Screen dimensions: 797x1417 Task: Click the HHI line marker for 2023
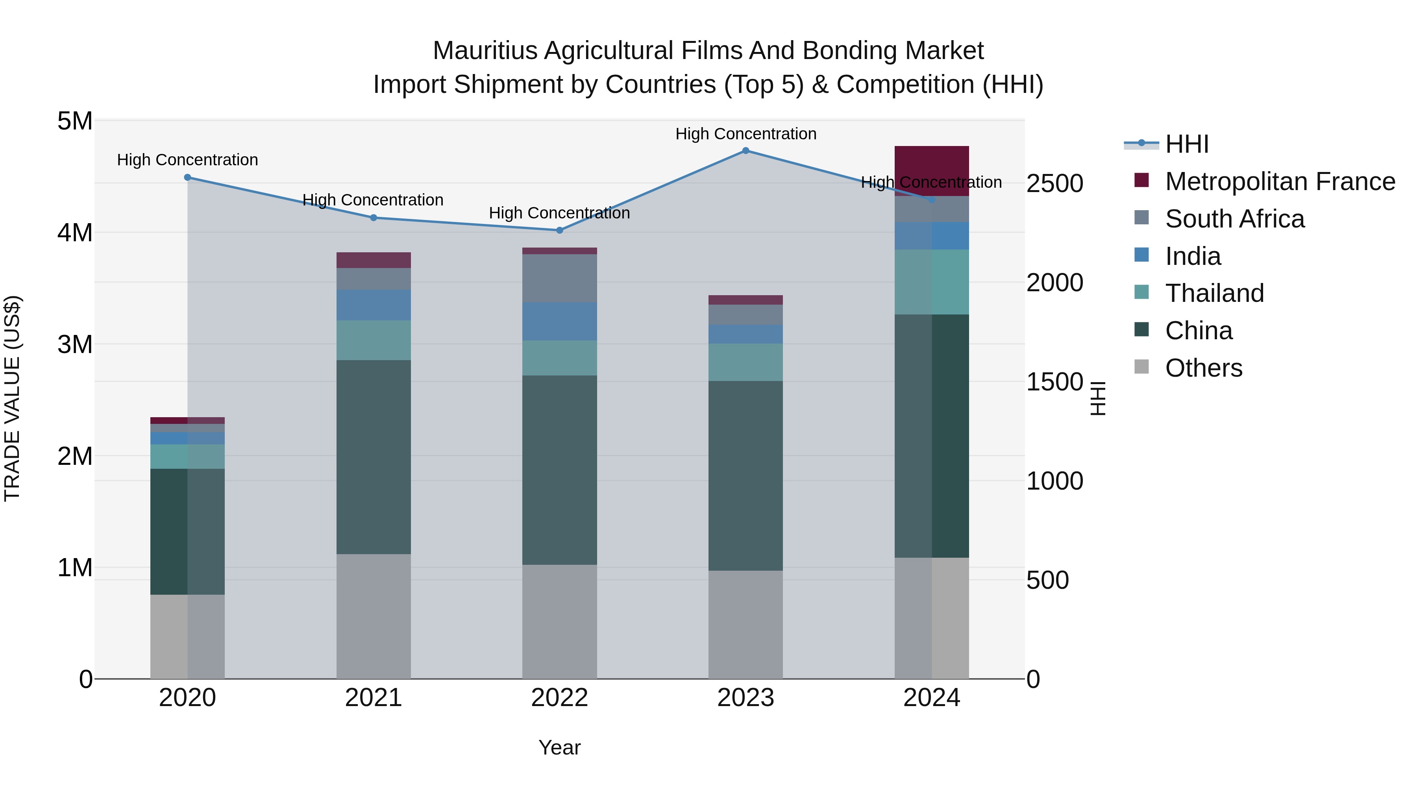pos(745,151)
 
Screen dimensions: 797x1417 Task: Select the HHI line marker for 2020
pos(188,178)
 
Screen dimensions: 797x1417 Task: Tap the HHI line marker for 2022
pos(559,231)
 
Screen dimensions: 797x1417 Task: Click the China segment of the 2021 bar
pos(374,457)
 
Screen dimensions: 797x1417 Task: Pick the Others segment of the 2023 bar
pos(745,624)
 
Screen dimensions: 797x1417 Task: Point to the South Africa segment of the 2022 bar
pos(559,278)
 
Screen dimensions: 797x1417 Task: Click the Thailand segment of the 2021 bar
pos(374,340)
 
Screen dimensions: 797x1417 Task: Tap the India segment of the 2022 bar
pos(559,321)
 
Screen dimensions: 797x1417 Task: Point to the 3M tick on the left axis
pos(75,344)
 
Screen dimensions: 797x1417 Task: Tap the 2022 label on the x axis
pos(559,698)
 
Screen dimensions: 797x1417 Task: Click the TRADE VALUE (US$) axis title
pos(12,399)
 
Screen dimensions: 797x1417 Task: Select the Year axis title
pos(559,747)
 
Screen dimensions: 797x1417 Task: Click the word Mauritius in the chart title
pos(485,51)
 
